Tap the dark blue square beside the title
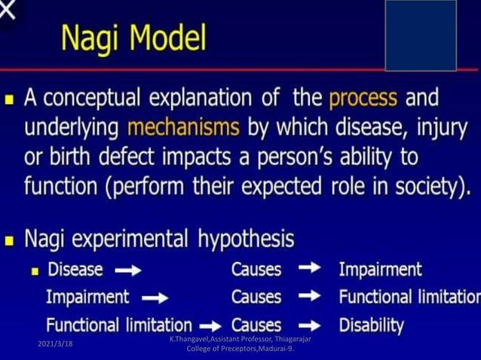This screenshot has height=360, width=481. [420, 35]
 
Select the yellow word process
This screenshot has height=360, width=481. [363, 99]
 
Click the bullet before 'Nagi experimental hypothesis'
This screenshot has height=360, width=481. [10, 241]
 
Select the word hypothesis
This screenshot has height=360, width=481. [246, 240]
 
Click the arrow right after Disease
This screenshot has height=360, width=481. [127, 270]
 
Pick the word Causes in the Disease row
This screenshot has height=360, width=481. [256, 270]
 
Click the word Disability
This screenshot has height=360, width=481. [371, 325]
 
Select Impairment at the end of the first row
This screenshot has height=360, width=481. [380, 270]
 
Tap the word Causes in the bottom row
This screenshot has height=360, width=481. [256, 325]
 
